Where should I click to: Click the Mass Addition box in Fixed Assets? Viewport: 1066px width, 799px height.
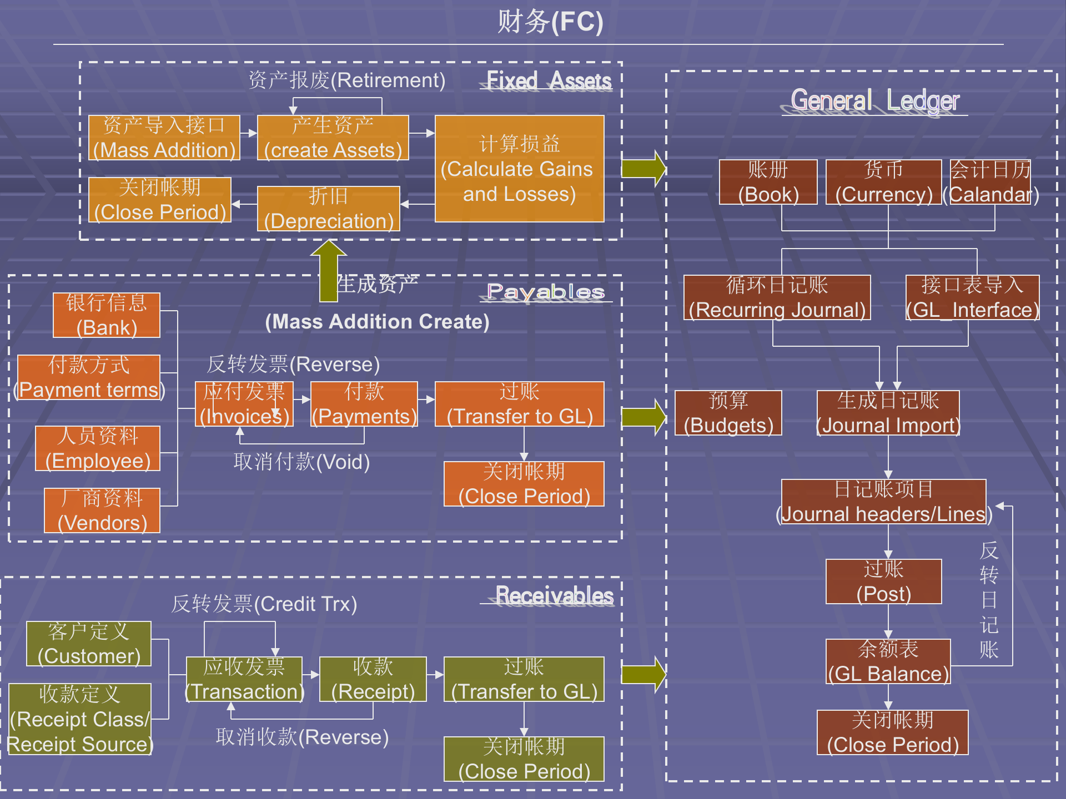click(164, 138)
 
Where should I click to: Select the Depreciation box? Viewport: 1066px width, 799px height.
click(328, 209)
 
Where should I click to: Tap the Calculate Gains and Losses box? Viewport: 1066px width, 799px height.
click(519, 169)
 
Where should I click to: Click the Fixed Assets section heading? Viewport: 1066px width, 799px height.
click(548, 81)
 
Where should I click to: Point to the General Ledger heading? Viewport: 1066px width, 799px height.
click(875, 101)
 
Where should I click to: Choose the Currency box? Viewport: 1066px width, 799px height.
click(883, 182)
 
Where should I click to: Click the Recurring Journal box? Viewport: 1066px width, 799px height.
click(777, 297)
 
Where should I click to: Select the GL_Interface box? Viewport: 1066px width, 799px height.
click(972, 297)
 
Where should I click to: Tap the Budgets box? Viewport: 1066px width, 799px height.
click(728, 413)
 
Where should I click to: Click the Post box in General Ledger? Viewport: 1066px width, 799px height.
click(883, 581)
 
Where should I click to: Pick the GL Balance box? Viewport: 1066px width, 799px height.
click(888, 661)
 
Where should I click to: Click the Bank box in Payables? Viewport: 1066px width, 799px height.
click(107, 315)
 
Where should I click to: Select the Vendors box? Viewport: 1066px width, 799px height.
click(102, 510)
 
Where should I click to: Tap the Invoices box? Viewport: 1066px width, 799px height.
click(244, 404)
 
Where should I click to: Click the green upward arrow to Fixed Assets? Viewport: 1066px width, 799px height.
click(329, 270)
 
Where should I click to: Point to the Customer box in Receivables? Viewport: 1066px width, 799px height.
click(89, 644)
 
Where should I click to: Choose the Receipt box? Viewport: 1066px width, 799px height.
click(373, 679)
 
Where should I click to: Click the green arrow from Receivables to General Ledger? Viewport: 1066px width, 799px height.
click(643, 675)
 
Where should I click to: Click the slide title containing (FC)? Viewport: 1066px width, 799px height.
click(550, 22)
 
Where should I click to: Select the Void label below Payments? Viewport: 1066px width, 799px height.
click(301, 462)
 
